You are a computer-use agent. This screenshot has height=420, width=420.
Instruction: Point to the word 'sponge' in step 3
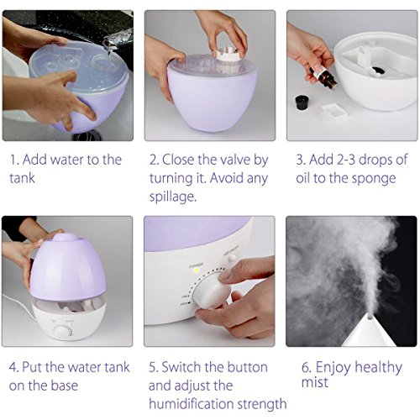coord(375,178)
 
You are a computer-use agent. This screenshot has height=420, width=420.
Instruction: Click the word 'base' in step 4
coord(77,386)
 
